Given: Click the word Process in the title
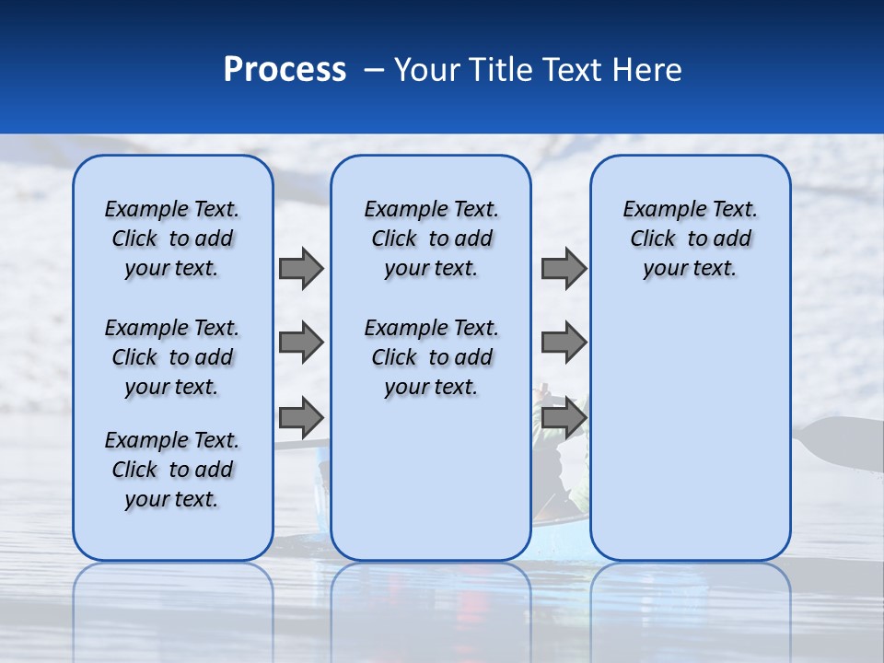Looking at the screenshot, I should point(285,70).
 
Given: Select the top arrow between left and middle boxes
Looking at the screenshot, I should point(300,268).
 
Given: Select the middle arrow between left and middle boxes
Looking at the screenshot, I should point(300,343).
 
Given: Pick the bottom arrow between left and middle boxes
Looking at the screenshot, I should point(300,417).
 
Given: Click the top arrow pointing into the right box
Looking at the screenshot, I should point(564,268).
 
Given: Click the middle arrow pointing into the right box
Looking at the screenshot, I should point(564,343).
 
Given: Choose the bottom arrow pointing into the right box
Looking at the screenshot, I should point(564,417).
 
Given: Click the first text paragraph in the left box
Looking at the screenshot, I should point(172,238).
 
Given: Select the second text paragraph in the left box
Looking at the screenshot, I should point(172,357).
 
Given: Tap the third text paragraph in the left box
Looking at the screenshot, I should point(172,470).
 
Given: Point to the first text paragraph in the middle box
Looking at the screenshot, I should point(431,238).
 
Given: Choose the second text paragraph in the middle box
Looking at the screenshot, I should point(431,357).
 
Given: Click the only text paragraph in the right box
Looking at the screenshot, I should point(690,238).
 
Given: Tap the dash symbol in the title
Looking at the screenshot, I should point(375,70).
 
